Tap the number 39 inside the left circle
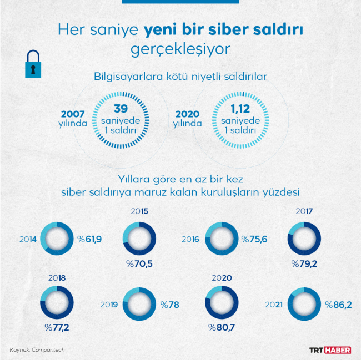[121, 108]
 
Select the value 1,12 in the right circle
[237, 108]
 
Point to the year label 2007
[73, 113]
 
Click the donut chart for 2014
[57, 239]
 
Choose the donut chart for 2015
[139, 239]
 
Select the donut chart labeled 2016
[221, 239]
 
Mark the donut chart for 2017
[304, 239]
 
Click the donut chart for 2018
[57, 302]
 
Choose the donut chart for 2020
[222, 303]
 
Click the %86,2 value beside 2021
[338, 305]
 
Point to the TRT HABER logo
[330, 350]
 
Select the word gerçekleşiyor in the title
[180, 49]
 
